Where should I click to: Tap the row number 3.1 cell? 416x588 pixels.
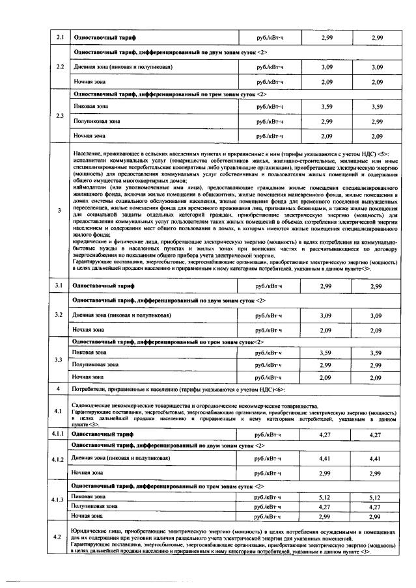point(59,286)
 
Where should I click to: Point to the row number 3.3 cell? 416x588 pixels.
point(59,360)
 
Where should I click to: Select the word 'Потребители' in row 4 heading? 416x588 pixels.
point(89,389)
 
